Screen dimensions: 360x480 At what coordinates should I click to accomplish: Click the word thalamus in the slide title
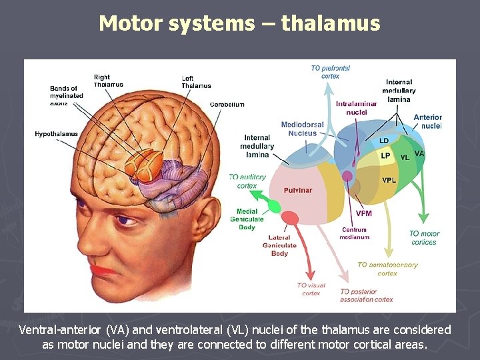331,24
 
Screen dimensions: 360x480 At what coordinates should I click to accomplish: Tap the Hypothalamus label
56,134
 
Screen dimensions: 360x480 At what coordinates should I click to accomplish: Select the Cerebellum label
227,105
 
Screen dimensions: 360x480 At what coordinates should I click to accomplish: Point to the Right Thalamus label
108,81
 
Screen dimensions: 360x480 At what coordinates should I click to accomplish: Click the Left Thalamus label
196,82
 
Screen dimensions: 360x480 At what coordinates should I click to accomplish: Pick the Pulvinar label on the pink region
297,190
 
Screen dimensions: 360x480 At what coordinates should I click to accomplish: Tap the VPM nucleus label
364,213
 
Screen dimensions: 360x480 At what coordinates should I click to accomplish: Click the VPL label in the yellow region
389,180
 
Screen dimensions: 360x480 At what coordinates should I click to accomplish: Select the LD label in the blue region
384,141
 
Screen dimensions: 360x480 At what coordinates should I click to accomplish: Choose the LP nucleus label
385,156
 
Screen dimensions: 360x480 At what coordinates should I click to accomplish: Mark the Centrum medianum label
355,233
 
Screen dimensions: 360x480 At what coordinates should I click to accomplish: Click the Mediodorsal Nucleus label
302,129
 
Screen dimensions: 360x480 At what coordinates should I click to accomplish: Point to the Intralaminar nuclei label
357,108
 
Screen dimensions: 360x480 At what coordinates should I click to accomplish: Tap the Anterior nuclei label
427,121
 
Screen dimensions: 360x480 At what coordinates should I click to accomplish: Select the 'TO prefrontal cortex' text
330,72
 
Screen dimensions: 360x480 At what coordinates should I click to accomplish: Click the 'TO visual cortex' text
311,289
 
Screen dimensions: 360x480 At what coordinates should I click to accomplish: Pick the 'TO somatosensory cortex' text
387,269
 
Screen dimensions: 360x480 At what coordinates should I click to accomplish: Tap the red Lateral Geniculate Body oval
290,218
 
